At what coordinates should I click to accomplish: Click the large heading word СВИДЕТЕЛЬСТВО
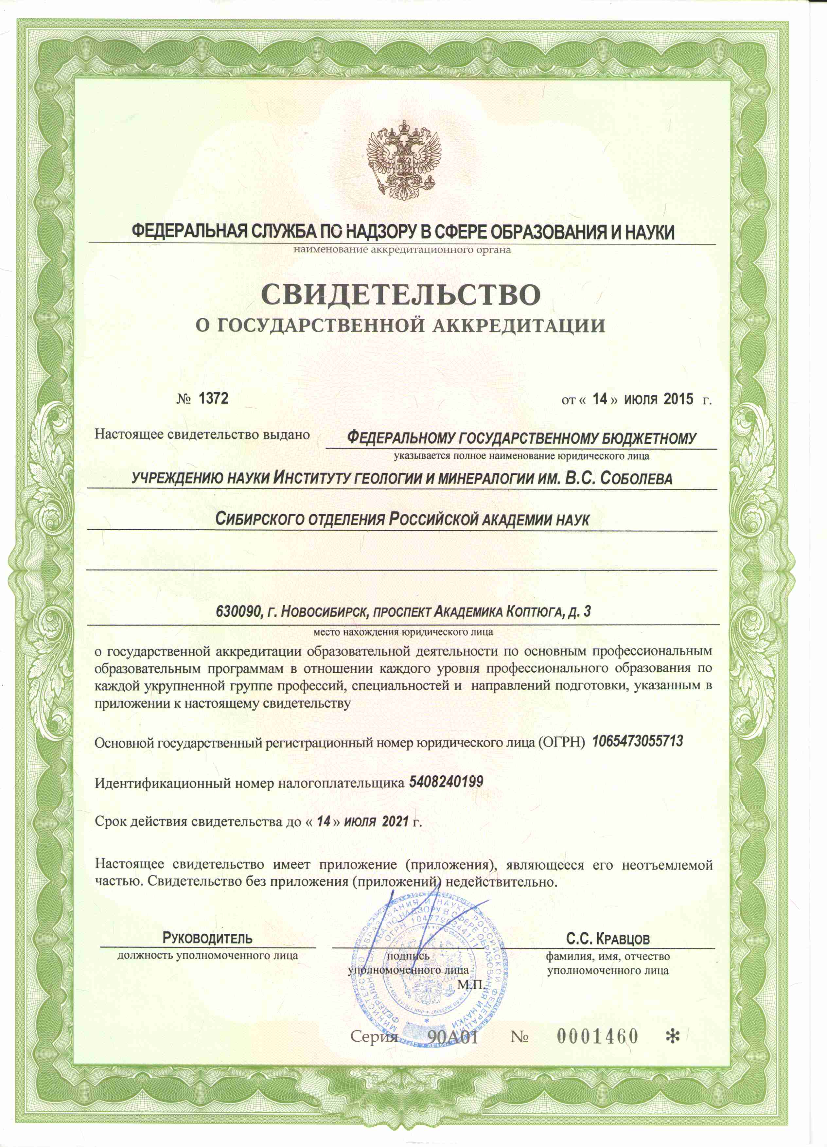[401, 295]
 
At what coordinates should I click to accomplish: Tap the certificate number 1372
[213, 398]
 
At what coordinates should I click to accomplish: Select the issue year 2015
[678, 399]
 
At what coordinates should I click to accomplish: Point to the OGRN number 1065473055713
[637, 741]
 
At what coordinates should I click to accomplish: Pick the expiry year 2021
[395, 821]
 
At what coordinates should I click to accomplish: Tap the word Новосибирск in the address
[324, 612]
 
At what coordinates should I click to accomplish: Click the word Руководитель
[207, 939]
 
